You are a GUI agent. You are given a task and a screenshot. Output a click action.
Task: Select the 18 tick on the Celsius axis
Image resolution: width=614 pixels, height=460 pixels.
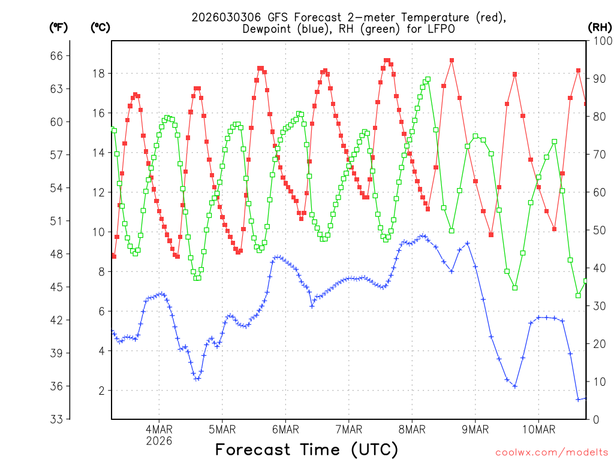[99, 74]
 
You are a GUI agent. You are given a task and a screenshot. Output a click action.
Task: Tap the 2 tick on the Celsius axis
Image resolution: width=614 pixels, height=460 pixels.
[102, 391]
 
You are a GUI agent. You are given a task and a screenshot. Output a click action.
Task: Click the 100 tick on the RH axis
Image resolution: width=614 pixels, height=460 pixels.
[601, 41]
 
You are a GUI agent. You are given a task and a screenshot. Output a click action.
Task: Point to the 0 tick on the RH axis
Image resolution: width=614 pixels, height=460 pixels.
[597, 419]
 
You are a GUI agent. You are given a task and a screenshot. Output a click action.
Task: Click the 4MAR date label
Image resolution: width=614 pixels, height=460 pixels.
[159, 429]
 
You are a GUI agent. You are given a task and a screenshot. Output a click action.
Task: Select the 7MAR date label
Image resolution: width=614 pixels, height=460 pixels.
[349, 429]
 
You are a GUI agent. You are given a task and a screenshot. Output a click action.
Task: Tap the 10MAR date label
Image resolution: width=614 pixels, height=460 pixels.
[538, 429]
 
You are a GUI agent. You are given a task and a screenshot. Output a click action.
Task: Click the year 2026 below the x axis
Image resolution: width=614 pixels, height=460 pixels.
[159, 441]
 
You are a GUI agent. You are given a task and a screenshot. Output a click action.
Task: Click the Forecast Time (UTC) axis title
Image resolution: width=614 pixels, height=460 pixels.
[306, 449]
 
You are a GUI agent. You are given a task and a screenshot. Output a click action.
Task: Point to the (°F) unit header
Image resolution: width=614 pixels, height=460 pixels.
[59, 27]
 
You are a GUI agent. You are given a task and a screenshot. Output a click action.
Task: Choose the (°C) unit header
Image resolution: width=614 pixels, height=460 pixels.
[100, 27]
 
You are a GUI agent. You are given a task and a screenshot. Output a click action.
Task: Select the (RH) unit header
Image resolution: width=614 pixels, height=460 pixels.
[600, 27]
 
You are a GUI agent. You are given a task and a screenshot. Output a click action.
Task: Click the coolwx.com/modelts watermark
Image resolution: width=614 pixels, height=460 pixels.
[552, 452]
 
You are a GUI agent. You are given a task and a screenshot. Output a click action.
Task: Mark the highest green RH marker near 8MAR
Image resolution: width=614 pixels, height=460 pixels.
[428, 79]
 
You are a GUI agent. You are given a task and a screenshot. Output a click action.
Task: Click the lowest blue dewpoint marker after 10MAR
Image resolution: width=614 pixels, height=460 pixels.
[579, 400]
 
